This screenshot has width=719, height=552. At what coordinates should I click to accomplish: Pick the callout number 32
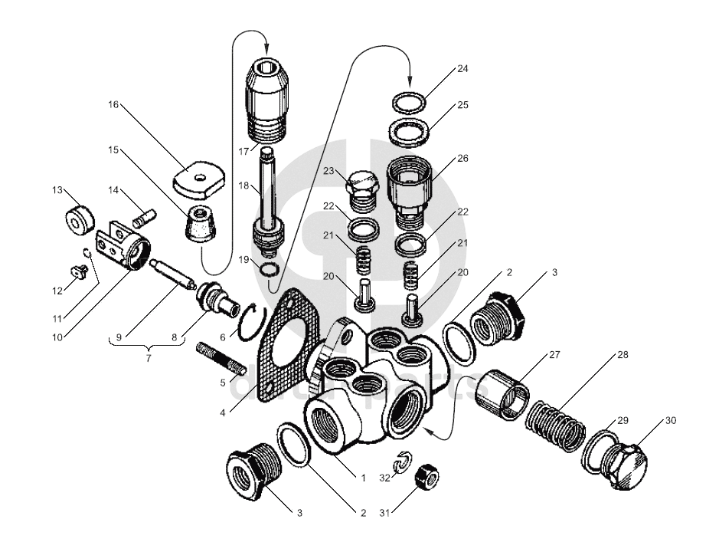(385, 478)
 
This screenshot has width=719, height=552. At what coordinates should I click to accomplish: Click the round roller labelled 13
(78, 221)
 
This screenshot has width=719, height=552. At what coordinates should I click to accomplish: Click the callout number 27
(554, 355)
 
